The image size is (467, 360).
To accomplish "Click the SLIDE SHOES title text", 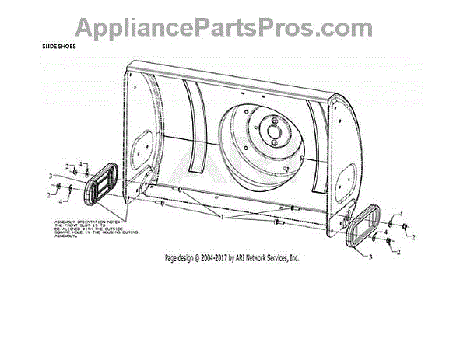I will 58,46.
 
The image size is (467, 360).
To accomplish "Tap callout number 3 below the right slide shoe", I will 369,256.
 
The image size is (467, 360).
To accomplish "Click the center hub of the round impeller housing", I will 273,131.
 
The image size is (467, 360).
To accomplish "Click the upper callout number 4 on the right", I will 401,213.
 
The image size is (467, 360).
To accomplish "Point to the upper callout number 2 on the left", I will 68,165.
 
